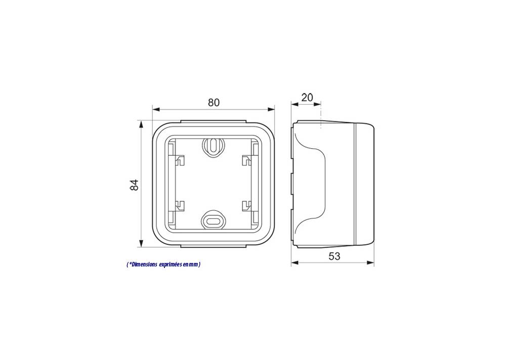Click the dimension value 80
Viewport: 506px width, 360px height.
[x=214, y=103]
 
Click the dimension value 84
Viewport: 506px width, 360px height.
[x=134, y=185]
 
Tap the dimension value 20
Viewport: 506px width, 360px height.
[x=307, y=98]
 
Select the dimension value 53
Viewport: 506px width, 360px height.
[x=334, y=256]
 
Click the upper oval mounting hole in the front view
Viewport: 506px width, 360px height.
[x=213, y=146]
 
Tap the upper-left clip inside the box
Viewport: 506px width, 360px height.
[x=180, y=160]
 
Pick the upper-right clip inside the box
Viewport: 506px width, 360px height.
[x=246, y=160]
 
